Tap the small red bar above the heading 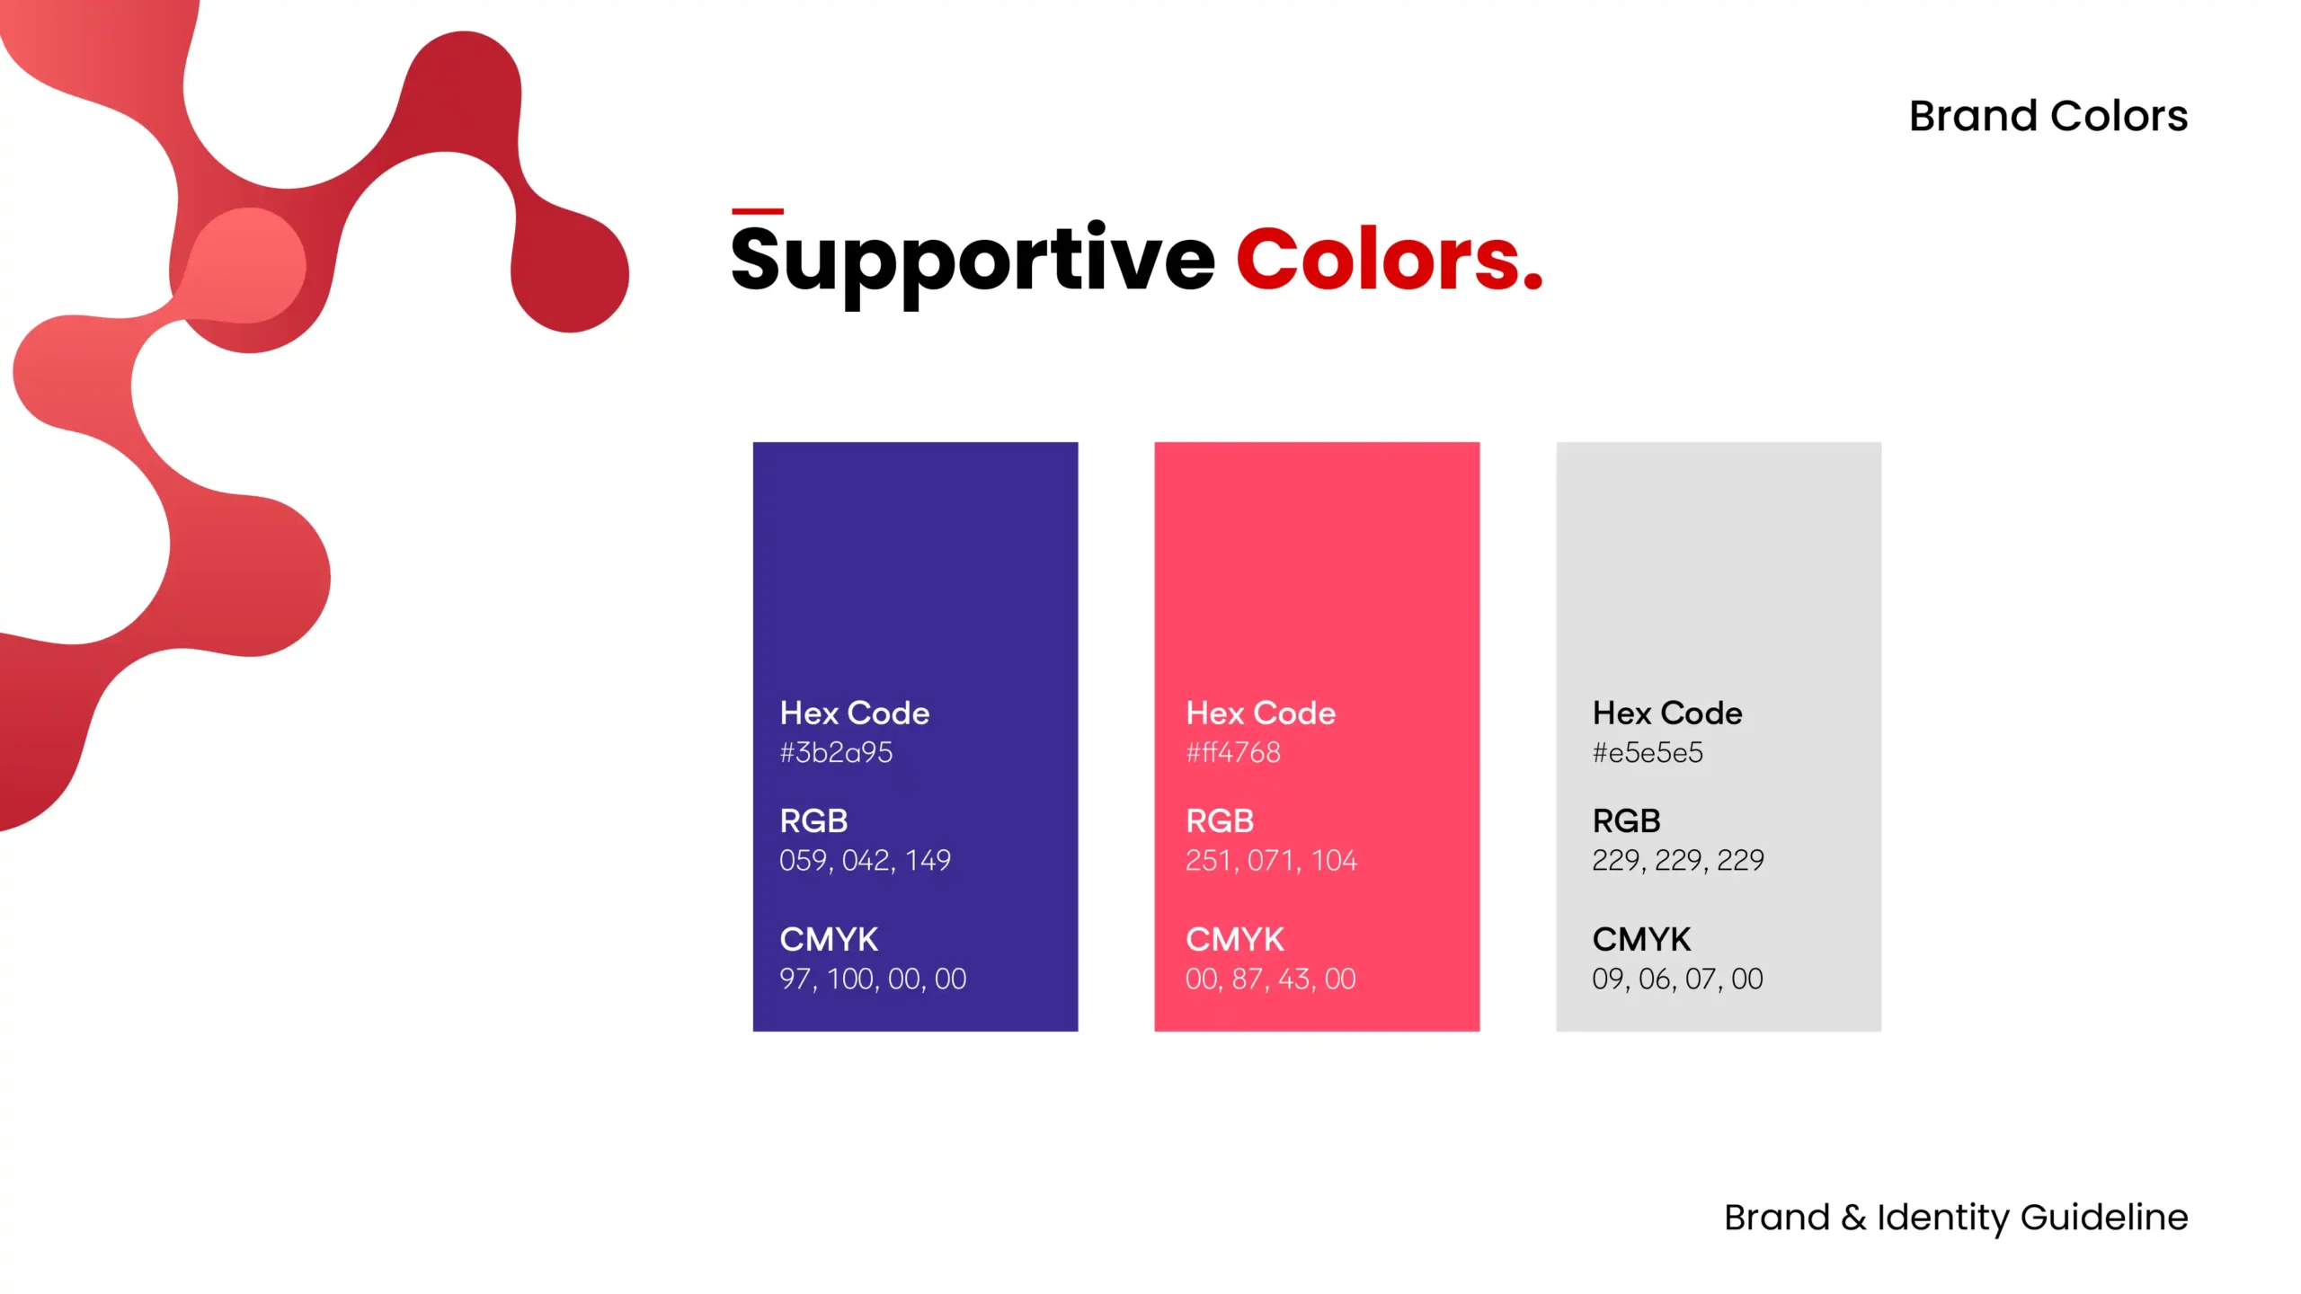coord(757,211)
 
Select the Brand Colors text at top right coord(2048,116)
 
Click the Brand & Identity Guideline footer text coord(1955,1217)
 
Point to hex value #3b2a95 coord(836,752)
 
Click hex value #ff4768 coord(1232,752)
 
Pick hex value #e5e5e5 coord(1647,752)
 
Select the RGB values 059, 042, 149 coord(865,860)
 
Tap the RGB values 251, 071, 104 coord(1270,860)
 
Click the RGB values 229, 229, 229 coord(1677,860)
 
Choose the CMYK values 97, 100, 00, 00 coord(872,979)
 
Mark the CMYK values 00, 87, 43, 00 coord(1270,979)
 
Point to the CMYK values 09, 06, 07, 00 coord(1677,979)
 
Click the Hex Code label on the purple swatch coord(854,713)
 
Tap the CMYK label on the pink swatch coord(1234,939)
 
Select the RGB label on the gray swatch coord(1625,820)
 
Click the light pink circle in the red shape coord(249,265)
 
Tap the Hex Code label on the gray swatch coord(1666,713)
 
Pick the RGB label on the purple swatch coord(813,820)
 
